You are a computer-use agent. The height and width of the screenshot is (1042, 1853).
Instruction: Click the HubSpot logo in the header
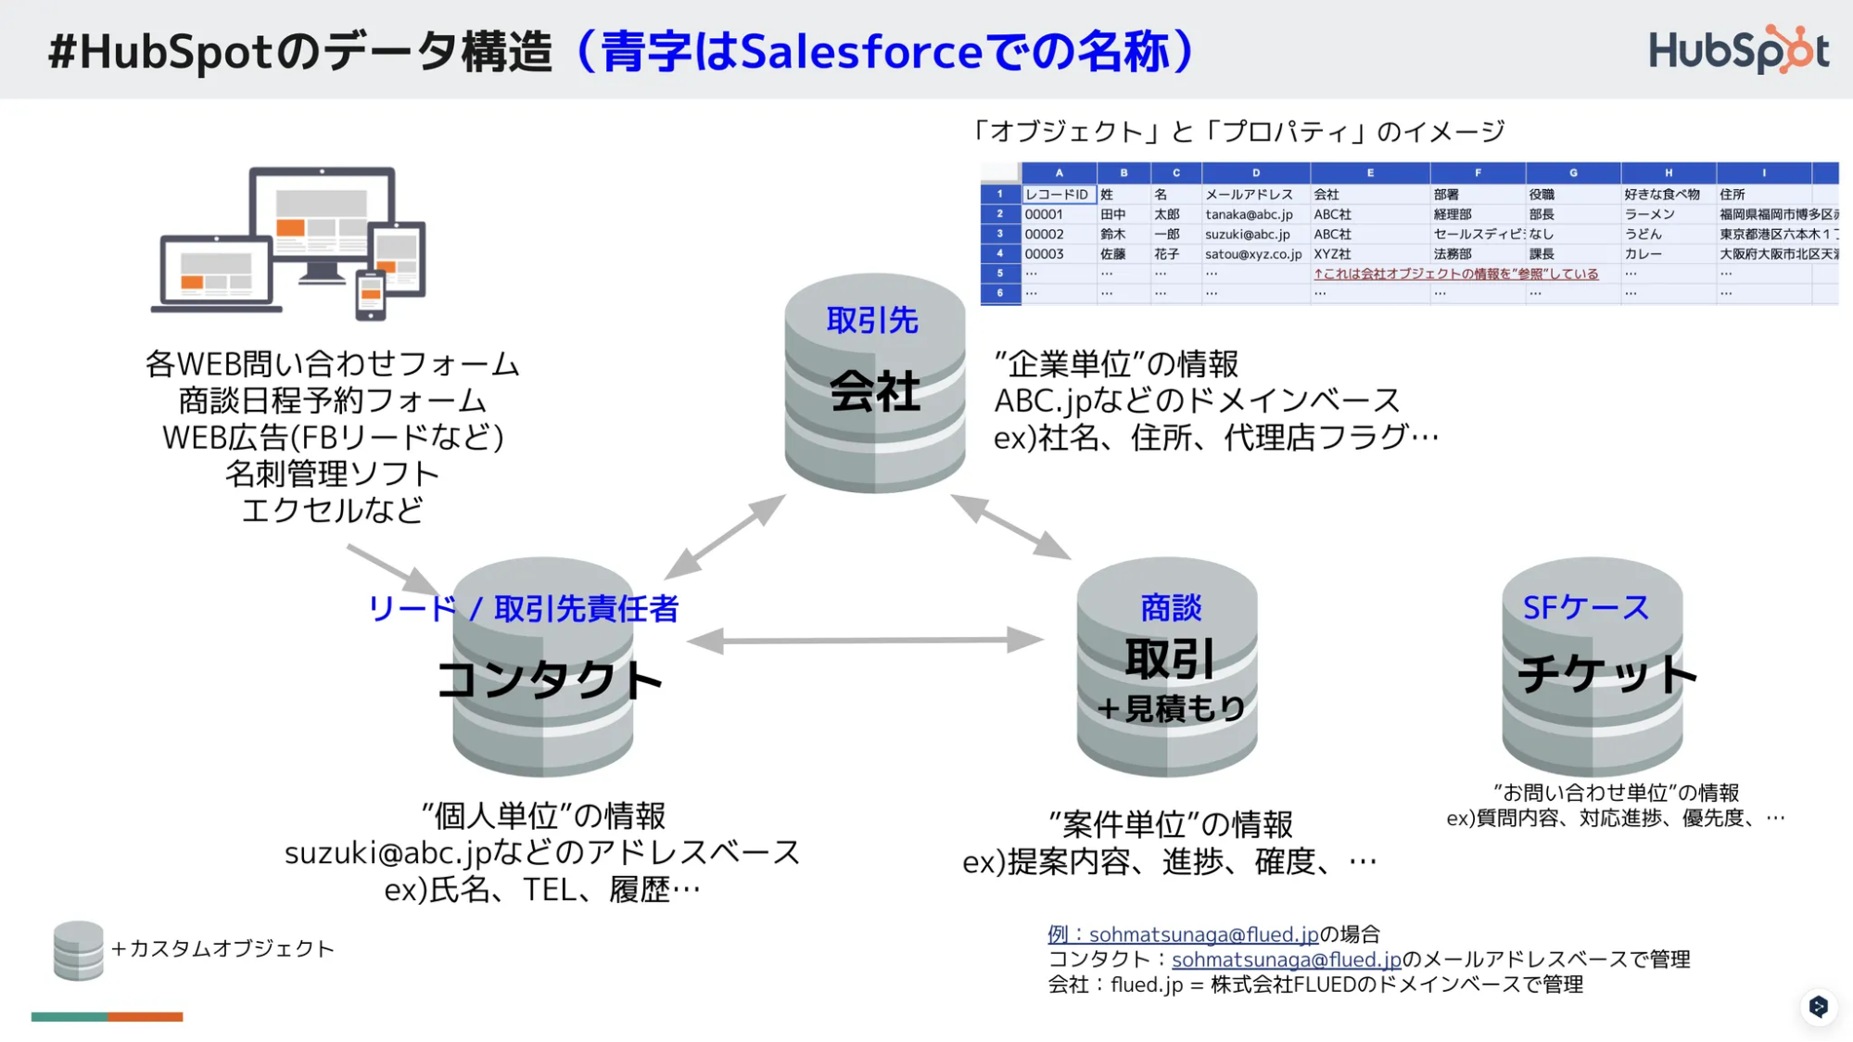(1738, 50)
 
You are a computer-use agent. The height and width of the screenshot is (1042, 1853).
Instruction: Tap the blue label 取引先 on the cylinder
(872, 321)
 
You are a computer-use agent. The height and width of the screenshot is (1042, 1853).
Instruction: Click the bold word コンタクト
(549, 680)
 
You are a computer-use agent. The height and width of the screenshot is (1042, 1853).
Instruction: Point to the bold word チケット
(1606, 674)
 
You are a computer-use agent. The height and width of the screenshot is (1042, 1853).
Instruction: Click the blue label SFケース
(1586, 607)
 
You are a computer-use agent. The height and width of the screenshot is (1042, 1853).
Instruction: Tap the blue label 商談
(1171, 607)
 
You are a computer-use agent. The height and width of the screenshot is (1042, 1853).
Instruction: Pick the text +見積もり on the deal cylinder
(1171, 709)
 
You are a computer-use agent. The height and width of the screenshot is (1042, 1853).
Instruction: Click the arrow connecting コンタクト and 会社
(725, 537)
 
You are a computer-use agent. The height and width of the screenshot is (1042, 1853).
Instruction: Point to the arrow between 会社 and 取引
(1010, 527)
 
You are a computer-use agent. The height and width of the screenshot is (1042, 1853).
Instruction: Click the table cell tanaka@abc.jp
(1249, 214)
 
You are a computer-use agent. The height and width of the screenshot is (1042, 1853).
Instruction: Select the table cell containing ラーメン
(1649, 214)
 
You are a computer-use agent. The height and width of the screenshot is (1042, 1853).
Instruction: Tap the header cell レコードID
(1057, 195)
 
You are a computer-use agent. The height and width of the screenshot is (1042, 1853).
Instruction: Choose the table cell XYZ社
(1332, 254)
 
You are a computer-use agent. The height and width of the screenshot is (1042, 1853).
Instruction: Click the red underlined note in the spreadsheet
(1455, 273)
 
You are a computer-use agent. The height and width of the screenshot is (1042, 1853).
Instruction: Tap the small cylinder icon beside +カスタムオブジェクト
(78, 950)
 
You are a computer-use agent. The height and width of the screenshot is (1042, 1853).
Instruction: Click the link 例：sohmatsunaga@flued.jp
(1183, 934)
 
